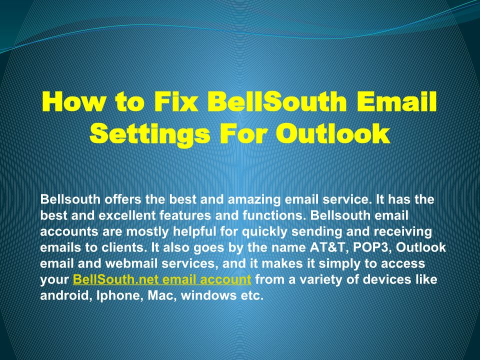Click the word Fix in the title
coord(175,101)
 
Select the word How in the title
coord(73,101)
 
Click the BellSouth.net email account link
coord(162,279)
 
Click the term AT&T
coord(329,247)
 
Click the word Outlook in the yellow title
coord(333,133)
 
